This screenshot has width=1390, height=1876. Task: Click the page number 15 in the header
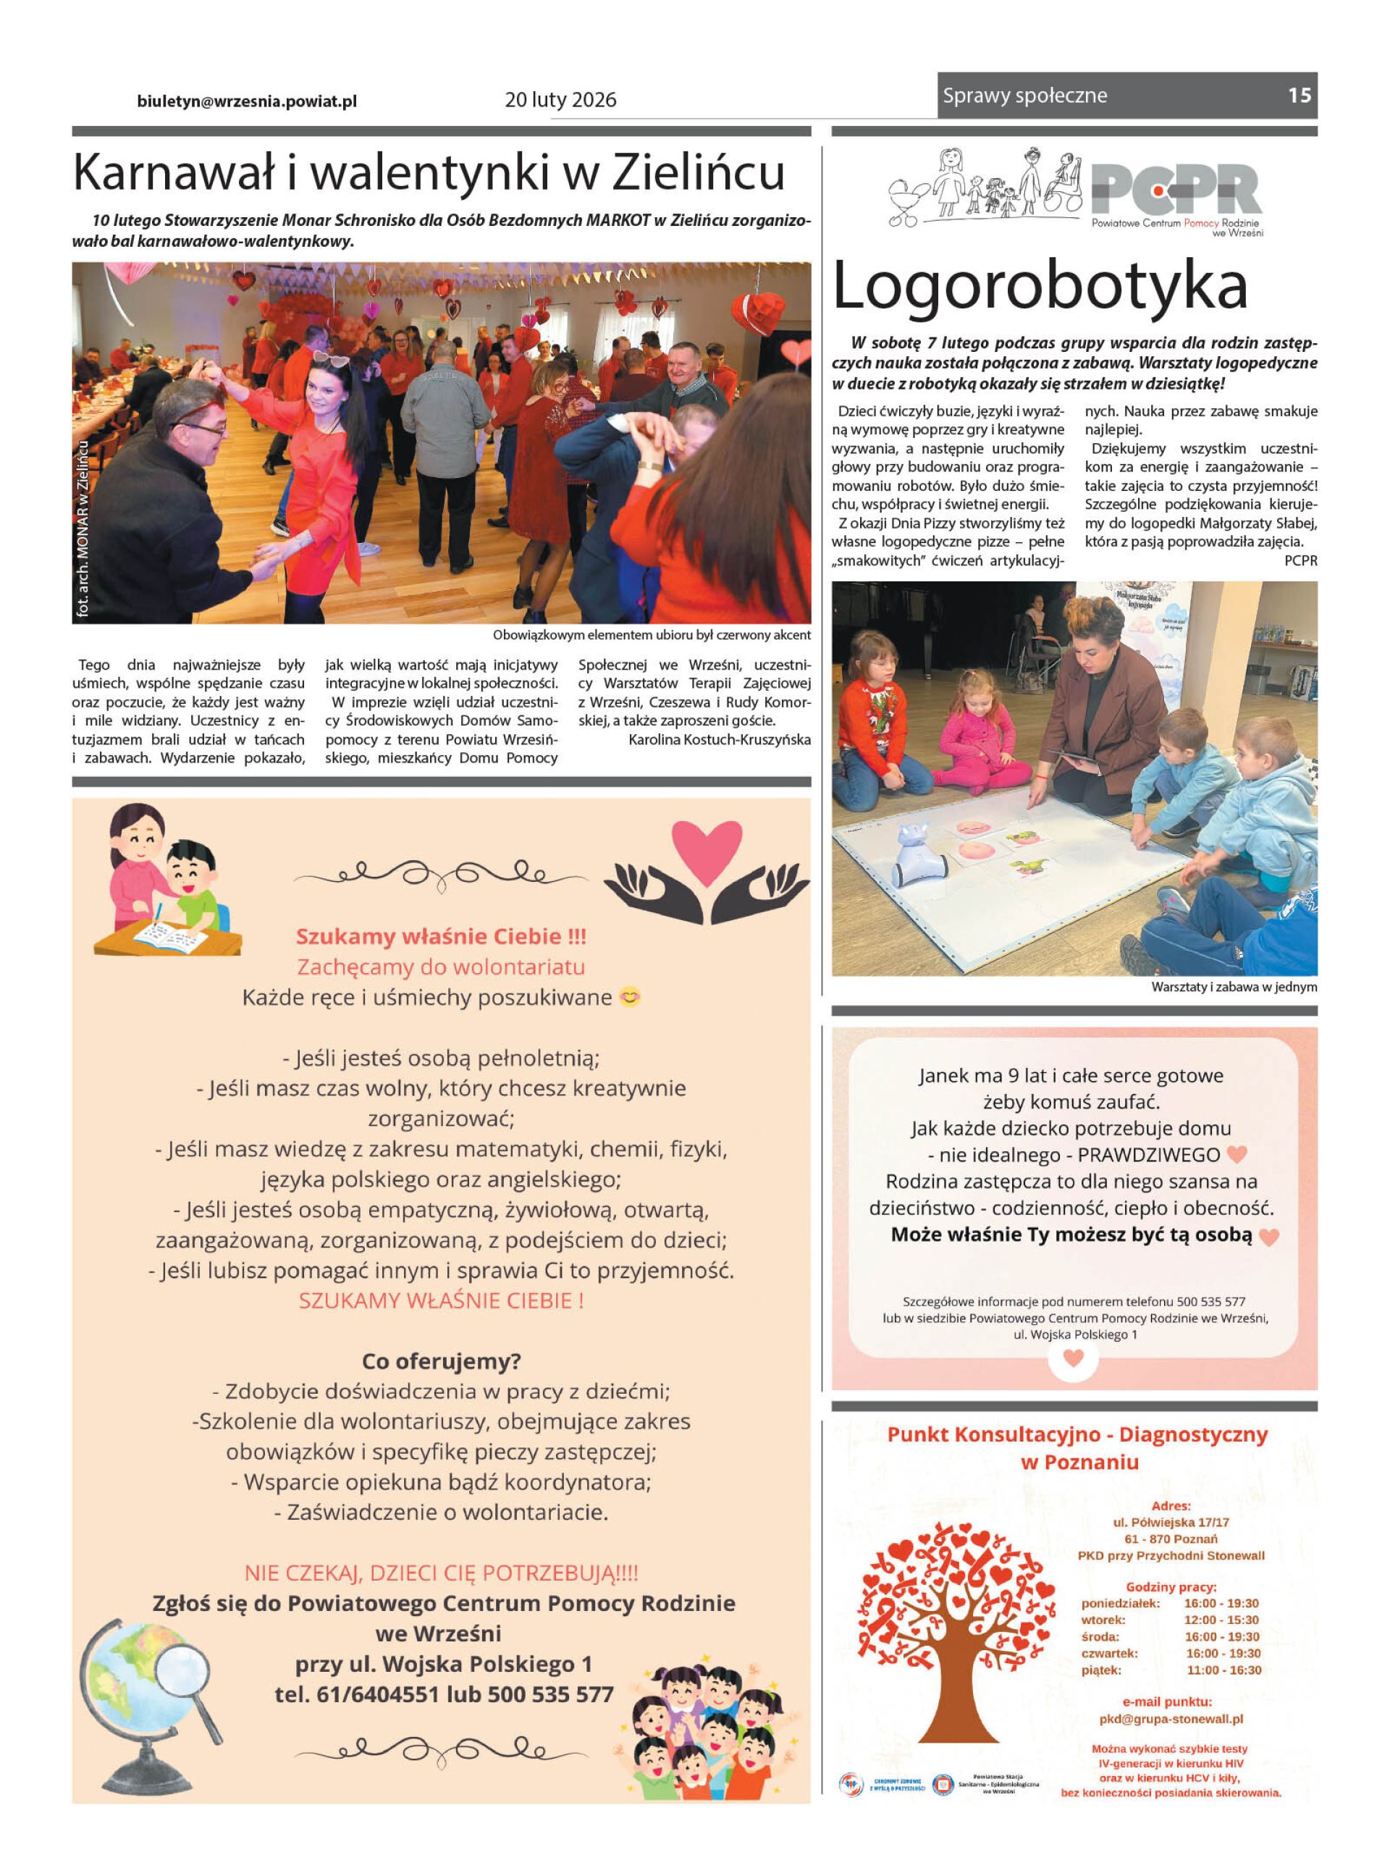point(1298,95)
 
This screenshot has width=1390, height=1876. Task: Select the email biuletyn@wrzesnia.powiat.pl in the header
point(247,101)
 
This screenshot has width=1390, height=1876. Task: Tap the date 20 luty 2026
point(560,100)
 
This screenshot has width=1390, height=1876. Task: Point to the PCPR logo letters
point(1176,190)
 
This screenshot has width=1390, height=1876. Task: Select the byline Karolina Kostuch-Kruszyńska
point(720,739)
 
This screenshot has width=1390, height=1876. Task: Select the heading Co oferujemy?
point(441,1360)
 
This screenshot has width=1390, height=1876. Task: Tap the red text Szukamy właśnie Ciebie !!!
point(441,936)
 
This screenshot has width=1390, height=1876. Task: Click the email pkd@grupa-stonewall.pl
point(1171,1719)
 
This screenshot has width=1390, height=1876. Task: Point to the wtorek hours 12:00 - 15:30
point(1221,1620)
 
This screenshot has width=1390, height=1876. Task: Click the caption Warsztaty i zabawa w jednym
point(1234,987)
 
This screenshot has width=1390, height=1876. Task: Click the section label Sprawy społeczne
point(1025,96)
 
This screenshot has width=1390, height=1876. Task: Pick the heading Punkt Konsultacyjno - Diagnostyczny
point(1077,1435)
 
